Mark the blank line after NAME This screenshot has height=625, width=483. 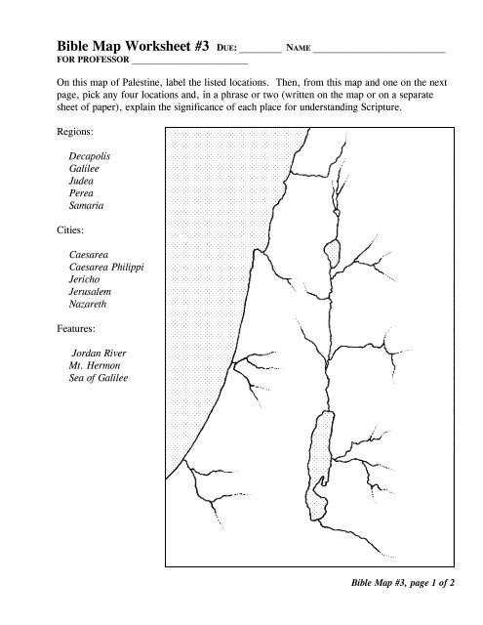point(382,48)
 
